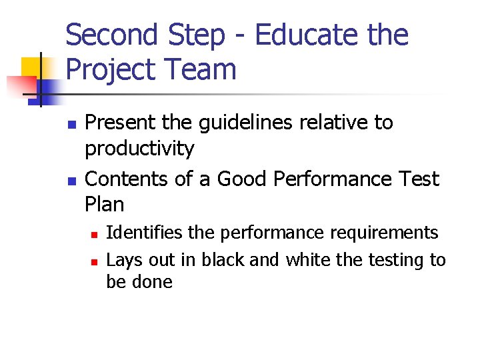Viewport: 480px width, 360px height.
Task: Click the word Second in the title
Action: click(x=112, y=35)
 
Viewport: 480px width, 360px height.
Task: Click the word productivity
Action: click(x=139, y=149)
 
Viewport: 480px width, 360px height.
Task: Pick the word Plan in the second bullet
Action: click(x=105, y=203)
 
